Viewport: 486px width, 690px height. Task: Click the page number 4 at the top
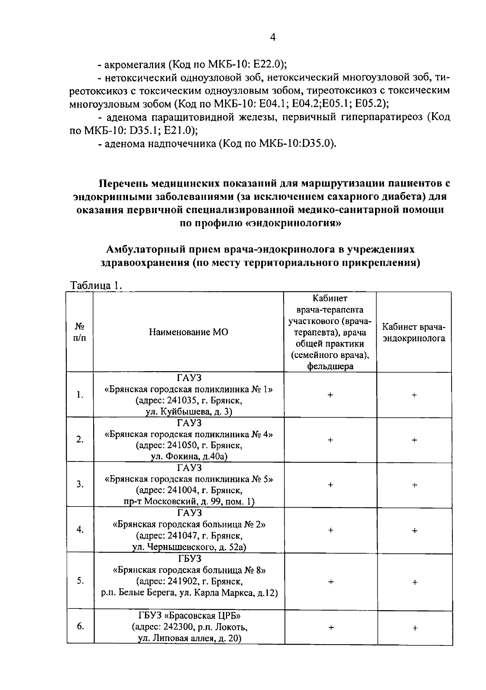[x=273, y=37]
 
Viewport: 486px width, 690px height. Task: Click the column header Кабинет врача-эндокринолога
[x=414, y=333]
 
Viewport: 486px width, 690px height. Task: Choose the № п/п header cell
[x=80, y=332]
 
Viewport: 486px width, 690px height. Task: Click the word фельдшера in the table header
[x=330, y=366]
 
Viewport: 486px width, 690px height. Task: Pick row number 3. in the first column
[x=80, y=484]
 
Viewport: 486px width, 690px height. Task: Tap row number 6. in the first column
[x=80, y=626]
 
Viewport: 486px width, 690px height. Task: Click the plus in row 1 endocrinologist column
[x=414, y=395]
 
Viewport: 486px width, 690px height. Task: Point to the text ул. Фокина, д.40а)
[x=188, y=457]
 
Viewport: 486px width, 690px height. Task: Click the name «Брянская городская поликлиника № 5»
[x=189, y=479]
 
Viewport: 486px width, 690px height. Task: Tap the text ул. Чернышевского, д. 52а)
[x=189, y=547]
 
